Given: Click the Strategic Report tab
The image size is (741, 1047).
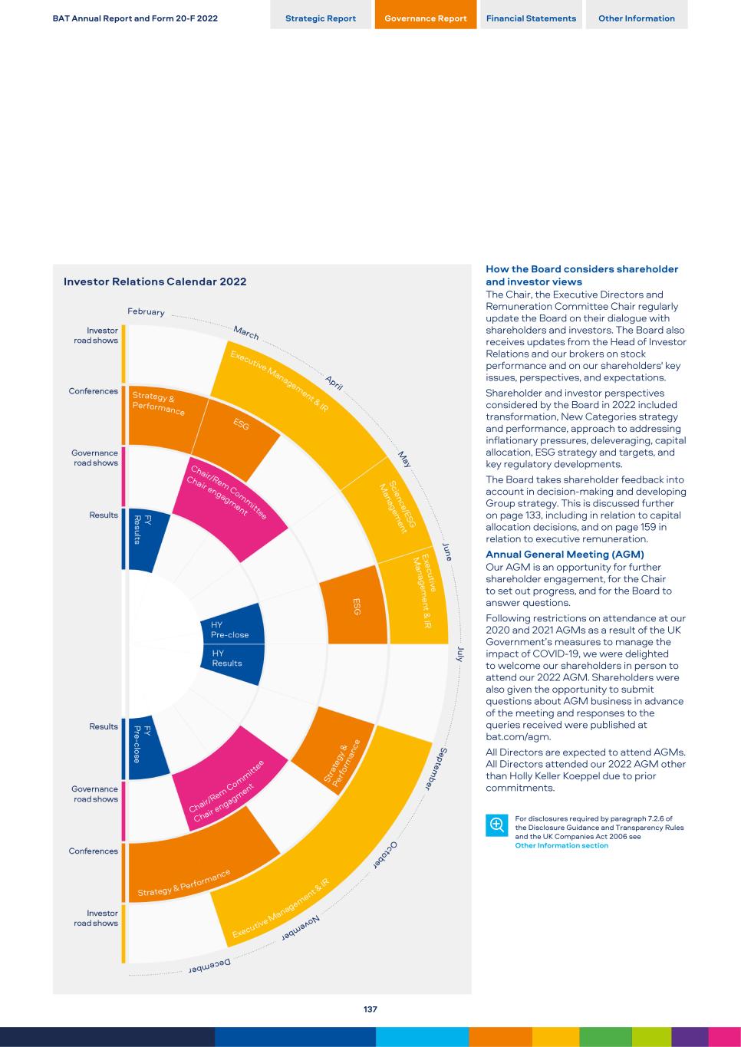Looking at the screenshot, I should tap(321, 18).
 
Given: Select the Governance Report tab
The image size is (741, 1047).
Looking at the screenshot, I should tap(426, 18).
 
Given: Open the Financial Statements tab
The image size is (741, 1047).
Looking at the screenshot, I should tap(531, 18).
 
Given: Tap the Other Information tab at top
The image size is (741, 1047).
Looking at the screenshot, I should tap(637, 18).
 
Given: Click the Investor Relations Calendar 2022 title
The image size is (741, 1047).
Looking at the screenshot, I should tap(155, 282).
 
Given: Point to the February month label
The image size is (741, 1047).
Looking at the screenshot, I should tap(146, 312).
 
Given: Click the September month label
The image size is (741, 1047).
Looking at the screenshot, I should tap(436, 767).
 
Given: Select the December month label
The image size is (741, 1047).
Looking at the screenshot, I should tap(210, 967).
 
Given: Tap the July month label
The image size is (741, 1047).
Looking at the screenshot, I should tap(460, 654).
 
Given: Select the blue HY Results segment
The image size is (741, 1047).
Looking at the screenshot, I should tap(230, 660).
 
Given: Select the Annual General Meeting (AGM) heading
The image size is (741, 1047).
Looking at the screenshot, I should tap(565, 554).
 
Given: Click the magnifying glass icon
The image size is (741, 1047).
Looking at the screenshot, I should tap(496, 825).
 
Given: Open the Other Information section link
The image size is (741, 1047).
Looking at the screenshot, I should tap(562, 845).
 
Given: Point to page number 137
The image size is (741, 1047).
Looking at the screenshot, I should tap(370, 1009).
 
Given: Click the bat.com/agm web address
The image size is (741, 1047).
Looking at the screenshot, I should tap(519, 736).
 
